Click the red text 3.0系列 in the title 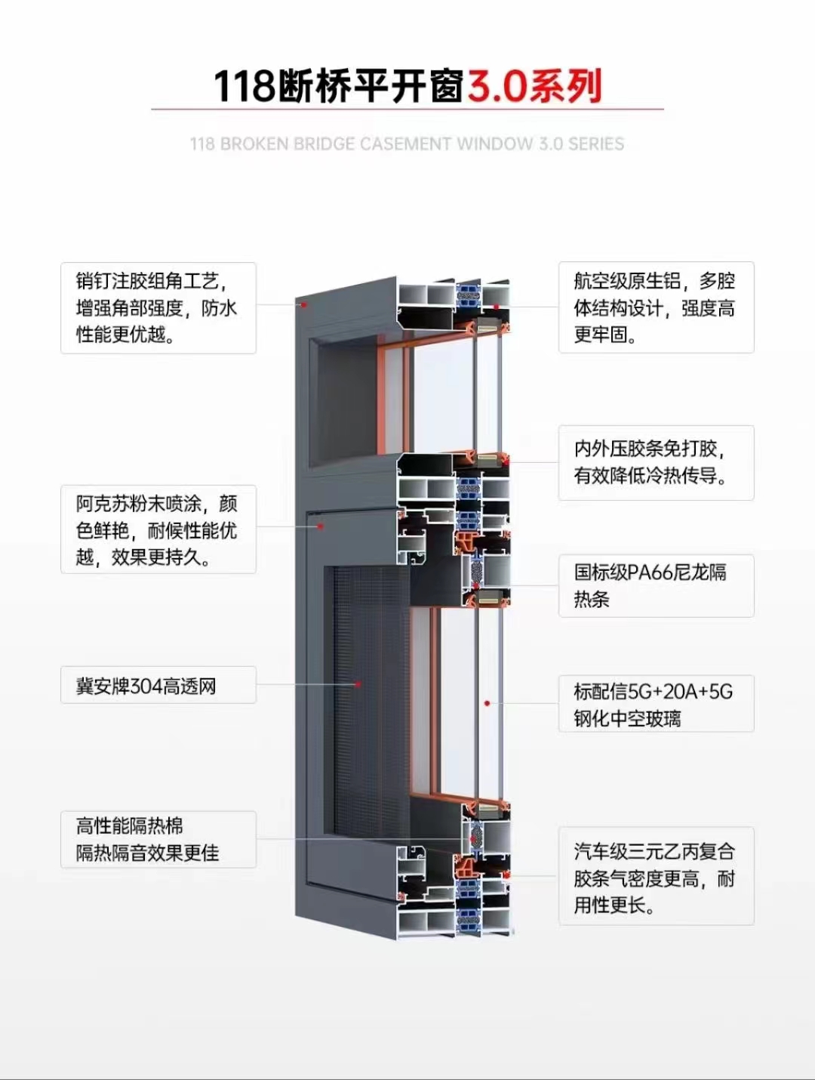point(534,86)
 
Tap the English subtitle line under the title point(407,143)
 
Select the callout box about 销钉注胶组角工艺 point(158,307)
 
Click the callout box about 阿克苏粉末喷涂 point(158,529)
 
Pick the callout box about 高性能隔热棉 point(158,839)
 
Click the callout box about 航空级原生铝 point(656,307)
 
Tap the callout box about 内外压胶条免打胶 point(656,462)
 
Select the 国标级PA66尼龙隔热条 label point(656,585)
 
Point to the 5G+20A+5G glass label point(656,704)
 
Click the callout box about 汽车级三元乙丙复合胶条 point(656,877)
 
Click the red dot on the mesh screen point(358,684)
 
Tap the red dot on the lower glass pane point(487,703)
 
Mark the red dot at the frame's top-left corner point(304,304)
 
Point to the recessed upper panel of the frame point(355,393)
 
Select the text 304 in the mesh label point(146,686)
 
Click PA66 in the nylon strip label point(650,572)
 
